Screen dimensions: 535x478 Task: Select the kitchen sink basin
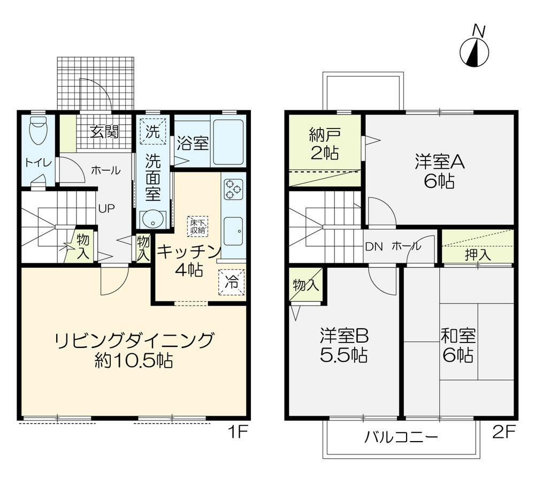pyautogui.click(x=233, y=231)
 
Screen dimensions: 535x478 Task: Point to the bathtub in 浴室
pyautogui.click(x=228, y=142)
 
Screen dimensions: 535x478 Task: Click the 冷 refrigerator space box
pyautogui.click(x=232, y=282)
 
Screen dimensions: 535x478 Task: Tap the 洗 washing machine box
pyautogui.click(x=152, y=132)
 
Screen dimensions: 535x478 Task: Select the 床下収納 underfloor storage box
pyautogui.click(x=197, y=226)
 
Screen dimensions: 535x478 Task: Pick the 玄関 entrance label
pyautogui.click(x=104, y=132)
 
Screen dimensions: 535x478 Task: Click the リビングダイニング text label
pyautogui.click(x=134, y=340)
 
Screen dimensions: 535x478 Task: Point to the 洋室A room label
pyautogui.click(x=439, y=162)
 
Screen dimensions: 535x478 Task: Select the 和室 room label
pyautogui.click(x=458, y=335)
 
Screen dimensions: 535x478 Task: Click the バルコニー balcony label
pyautogui.click(x=401, y=437)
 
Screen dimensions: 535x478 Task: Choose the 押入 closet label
pyautogui.click(x=477, y=254)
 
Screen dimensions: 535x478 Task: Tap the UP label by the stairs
pyautogui.click(x=106, y=208)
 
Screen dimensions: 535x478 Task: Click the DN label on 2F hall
pyautogui.click(x=374, y=247)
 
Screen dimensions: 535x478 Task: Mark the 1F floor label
pyautogui.click(x=237, y=433)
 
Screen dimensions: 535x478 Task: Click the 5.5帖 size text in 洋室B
pyautogui.click(x=343, y=356)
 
